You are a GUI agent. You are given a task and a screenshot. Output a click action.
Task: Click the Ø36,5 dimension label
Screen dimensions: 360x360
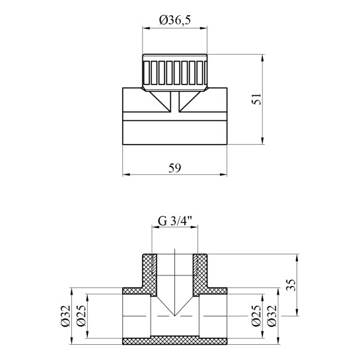[175, 20]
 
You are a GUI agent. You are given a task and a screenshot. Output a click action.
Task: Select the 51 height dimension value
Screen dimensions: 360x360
[257, 98]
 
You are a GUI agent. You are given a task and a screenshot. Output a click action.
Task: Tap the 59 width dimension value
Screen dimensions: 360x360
[175, 168]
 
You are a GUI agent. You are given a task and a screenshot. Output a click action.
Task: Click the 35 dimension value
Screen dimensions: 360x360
[291, 285]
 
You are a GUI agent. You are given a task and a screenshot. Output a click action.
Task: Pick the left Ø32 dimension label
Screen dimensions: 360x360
[65, 316]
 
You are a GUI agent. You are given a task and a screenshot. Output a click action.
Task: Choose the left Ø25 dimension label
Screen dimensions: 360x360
[81, 316]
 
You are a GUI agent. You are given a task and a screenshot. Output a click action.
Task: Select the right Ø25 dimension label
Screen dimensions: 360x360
[256, 316]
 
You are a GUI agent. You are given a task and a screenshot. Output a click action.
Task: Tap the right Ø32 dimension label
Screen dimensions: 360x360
[272, 316]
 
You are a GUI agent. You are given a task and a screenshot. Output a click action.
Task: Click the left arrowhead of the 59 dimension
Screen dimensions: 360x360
[126, 174]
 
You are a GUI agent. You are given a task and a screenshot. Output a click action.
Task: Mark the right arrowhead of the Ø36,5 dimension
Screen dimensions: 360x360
[203, 28]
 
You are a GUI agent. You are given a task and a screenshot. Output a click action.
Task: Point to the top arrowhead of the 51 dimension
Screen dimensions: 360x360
[263, 58]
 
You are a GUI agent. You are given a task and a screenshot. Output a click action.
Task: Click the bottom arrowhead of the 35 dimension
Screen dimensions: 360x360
[297, 312]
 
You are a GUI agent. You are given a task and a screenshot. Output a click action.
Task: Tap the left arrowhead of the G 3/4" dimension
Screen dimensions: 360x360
[155, 227]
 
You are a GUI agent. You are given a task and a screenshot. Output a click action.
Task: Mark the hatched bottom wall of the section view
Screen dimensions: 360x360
[175, 341]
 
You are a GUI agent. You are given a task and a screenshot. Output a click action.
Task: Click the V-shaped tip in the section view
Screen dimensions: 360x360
[175, 315]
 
